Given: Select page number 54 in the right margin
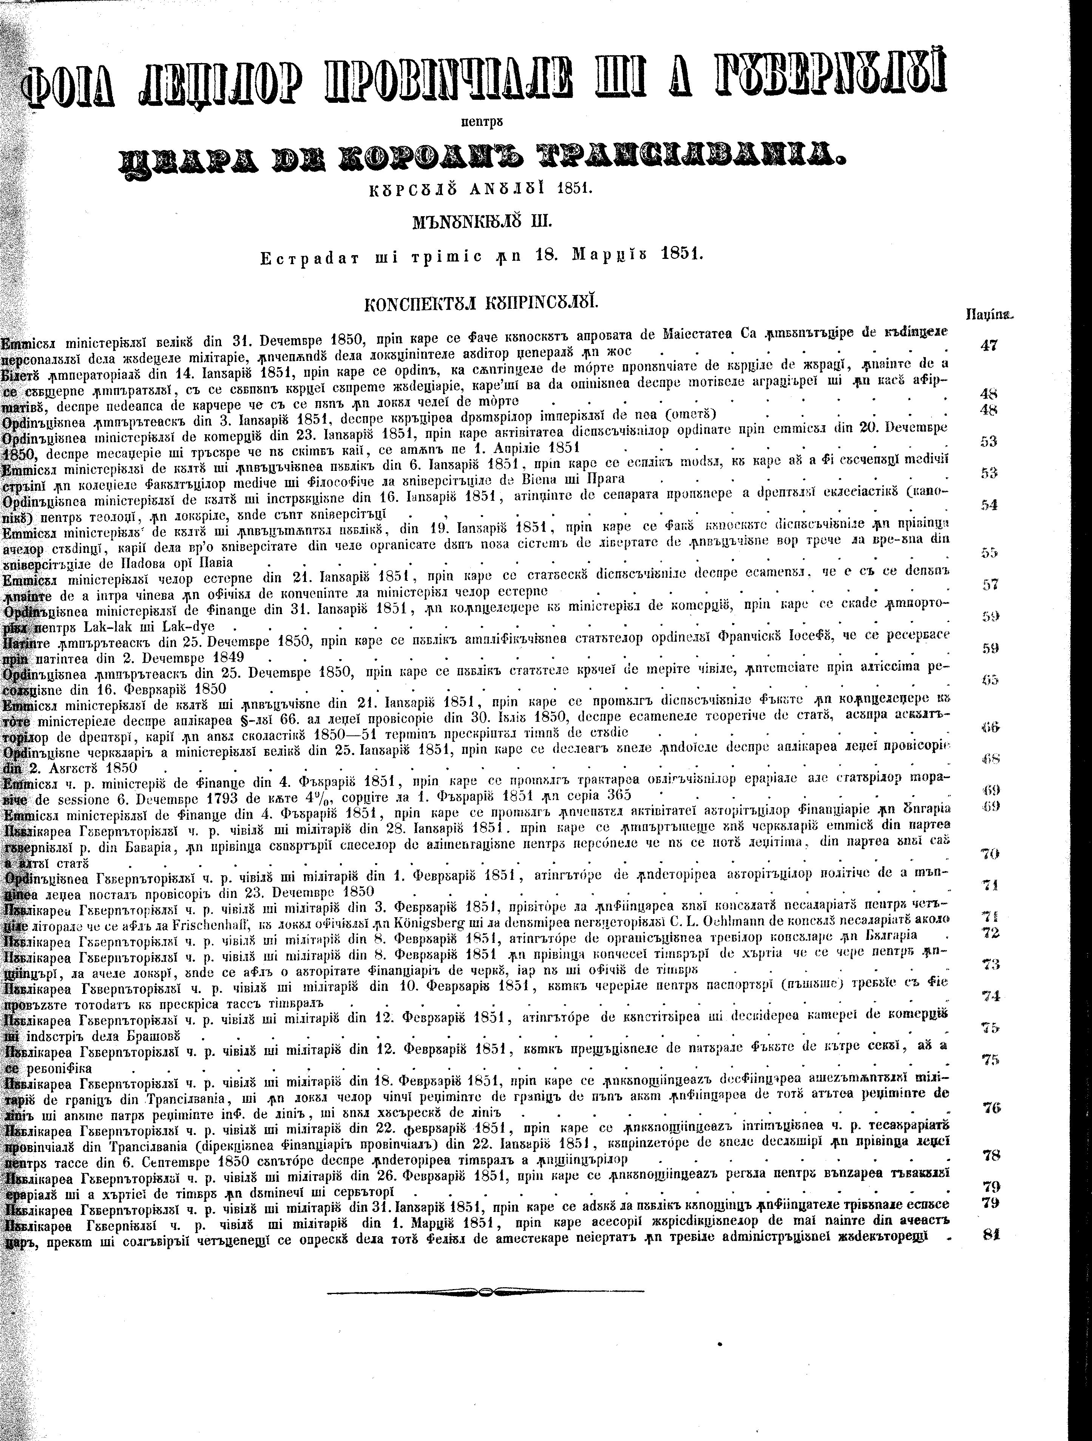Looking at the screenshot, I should (x=989, y=505).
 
